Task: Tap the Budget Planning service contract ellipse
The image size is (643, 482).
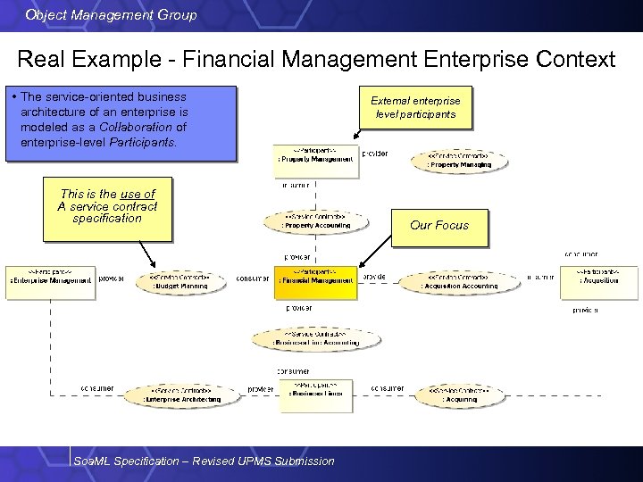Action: pos(178,282)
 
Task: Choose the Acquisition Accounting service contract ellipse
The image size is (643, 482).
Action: pos(461,282)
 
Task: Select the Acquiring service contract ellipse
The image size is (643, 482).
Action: pos(459,395)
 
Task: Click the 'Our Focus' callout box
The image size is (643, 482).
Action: pos(439,226)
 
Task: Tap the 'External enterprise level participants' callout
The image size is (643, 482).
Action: pos(415,107)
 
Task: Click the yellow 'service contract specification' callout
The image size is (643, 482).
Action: pos(107,207)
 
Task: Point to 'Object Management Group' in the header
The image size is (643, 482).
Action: pos(112,15)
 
